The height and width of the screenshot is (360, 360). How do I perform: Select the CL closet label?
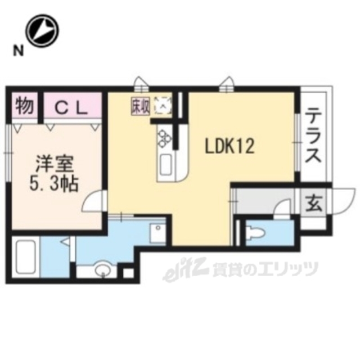71,107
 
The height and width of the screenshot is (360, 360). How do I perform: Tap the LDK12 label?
229,147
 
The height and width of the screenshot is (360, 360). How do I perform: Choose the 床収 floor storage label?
140,105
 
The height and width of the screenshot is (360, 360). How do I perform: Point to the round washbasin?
102,271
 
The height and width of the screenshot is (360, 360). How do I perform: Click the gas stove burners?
164,137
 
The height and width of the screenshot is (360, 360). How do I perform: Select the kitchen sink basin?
167,165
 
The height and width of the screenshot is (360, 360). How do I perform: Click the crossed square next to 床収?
163,105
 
